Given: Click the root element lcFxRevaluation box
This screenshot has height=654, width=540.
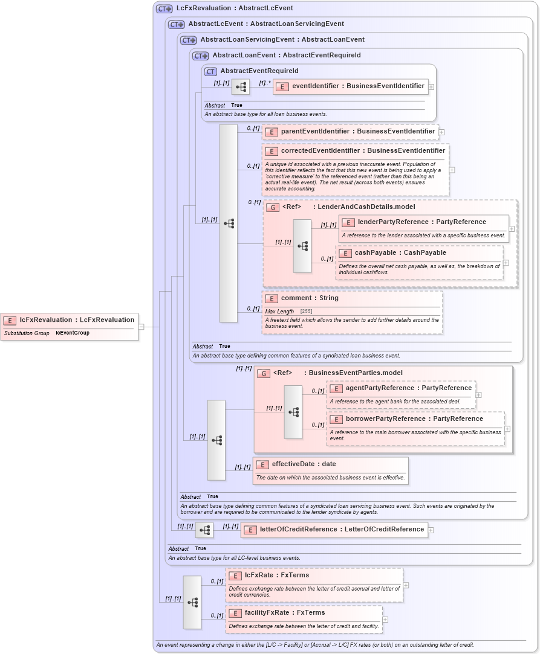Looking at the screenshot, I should click(x=70, y=320).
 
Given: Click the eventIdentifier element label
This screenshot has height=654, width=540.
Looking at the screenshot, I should click(x=357, y=86).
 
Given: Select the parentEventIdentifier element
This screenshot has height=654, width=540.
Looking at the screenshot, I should click(x=357, y=131).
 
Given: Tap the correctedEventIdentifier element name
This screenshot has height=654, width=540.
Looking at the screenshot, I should click(x=362, y=151).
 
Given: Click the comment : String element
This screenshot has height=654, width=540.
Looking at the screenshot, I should click(x=309, y=298).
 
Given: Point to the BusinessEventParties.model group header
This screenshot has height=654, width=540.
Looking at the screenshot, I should click(x=355, y=373).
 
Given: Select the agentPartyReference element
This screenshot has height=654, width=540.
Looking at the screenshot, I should click(x=408, y=388).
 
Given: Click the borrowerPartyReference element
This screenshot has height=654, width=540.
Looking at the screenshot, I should click(x=414, y=419).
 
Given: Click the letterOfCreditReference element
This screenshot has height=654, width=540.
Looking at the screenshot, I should click(x=341, y=530).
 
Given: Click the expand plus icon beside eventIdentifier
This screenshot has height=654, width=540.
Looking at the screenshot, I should click(x=431, y=86).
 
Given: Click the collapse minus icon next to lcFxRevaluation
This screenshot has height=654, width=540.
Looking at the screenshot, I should click(x=141, y=327).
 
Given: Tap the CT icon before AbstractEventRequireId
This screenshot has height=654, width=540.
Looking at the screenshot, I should click(x=210, y=71).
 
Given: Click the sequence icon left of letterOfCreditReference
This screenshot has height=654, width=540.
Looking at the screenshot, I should click(x=204, y=530).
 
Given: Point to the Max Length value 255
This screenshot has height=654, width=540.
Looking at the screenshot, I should click(x=306, y=311).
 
